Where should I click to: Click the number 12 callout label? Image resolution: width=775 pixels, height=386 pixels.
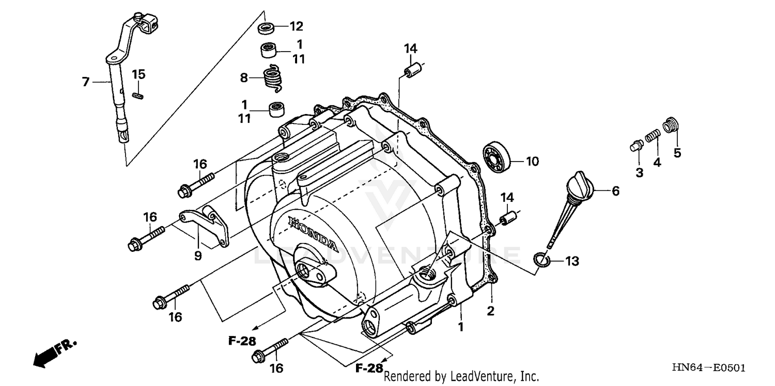[297, 26]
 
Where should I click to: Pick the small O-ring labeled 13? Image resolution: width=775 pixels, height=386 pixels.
[539, 260]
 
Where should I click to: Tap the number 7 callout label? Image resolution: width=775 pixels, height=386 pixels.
[86, 81]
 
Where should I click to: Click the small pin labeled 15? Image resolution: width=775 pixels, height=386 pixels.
[137, 95]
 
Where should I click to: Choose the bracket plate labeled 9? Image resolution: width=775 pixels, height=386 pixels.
[204, 226]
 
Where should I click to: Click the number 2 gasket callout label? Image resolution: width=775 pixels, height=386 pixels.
[490, 311]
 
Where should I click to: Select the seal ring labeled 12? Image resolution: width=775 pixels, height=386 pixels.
[268, 28]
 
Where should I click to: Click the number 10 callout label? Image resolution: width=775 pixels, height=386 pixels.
[532, 162]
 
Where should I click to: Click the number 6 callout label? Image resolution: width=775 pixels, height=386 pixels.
[615, 191]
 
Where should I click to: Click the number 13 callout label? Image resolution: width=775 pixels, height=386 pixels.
[571, 262]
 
